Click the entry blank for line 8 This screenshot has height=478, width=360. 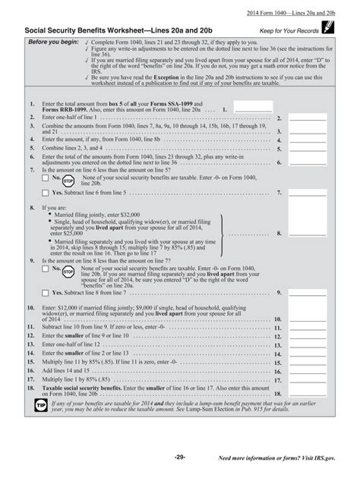pos(308,234)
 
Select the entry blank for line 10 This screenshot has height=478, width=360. pos(308,319)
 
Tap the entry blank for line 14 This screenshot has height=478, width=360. pos(308,353)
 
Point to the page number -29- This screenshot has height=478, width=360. pos(179,457)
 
